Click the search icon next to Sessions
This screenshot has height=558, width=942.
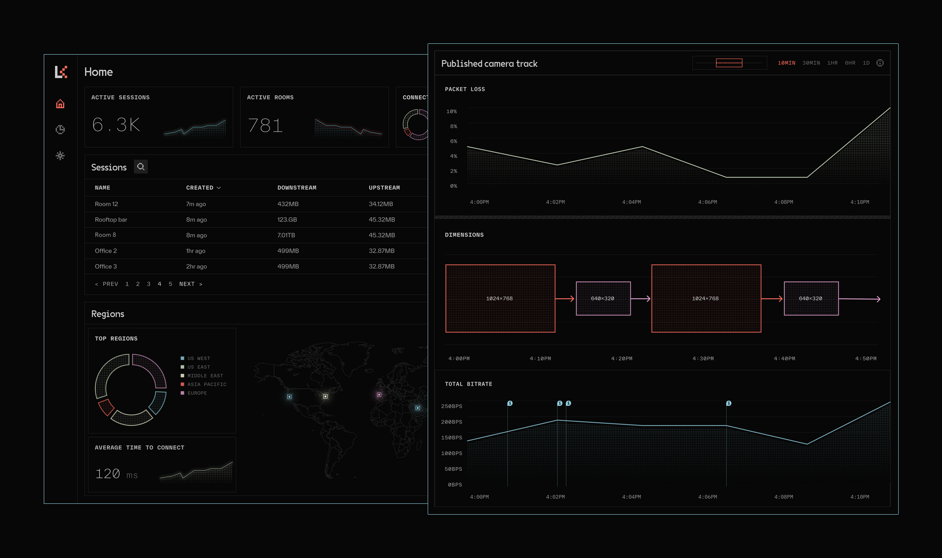[x=140, y=167]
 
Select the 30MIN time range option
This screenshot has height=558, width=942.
[x=811, y=63]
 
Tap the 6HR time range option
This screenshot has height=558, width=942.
[x=850, y=63]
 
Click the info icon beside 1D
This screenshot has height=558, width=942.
[x=880, y=63]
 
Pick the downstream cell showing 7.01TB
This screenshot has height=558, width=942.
[x=286, y=235]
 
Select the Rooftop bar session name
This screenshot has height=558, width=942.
[x=111, y=220]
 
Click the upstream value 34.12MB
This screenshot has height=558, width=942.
[x=381, y=204]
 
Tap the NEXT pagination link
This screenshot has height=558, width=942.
[x=190, y=284]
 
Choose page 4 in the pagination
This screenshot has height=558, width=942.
[x=160, y=284]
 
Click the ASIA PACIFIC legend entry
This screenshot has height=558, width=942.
[x=206, y=385]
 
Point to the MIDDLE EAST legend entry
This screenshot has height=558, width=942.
[x=205, y=376]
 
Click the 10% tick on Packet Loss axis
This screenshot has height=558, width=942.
[x=451, y=112]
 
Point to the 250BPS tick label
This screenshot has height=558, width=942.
[x=451, y=406]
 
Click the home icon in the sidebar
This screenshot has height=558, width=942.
[x=60, y=104]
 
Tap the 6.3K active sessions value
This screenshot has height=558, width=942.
[x=116, y=125]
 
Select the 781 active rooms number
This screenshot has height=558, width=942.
[x=265, y=125]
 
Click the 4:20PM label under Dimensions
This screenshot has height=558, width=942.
[x=622, y=359]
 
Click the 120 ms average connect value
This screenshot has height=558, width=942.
[x=116, y=474]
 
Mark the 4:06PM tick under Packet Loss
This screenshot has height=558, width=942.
[x=707, y=202]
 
